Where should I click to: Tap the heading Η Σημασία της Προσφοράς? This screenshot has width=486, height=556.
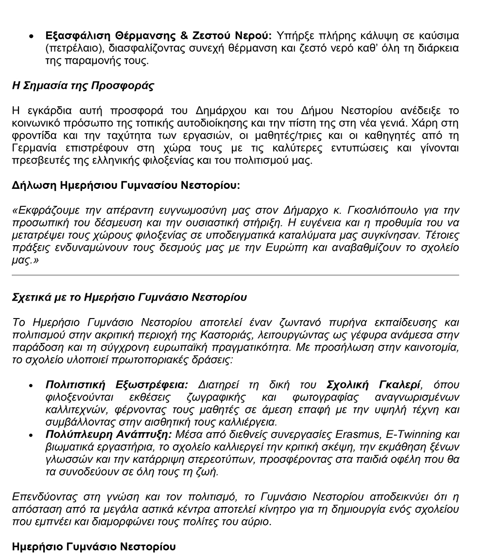pyautogui.click(x=83, y=86)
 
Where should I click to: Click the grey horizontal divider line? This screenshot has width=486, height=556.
pyautogui.click(x=235, y=275)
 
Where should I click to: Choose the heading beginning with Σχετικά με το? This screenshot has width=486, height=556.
pyautogui.click(x=129, y=297)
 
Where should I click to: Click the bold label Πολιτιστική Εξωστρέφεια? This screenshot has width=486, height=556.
pyautogui.click(x=116, y=385)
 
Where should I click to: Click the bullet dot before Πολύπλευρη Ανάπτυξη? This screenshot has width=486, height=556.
pyautogui.click(x=32, y=435)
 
